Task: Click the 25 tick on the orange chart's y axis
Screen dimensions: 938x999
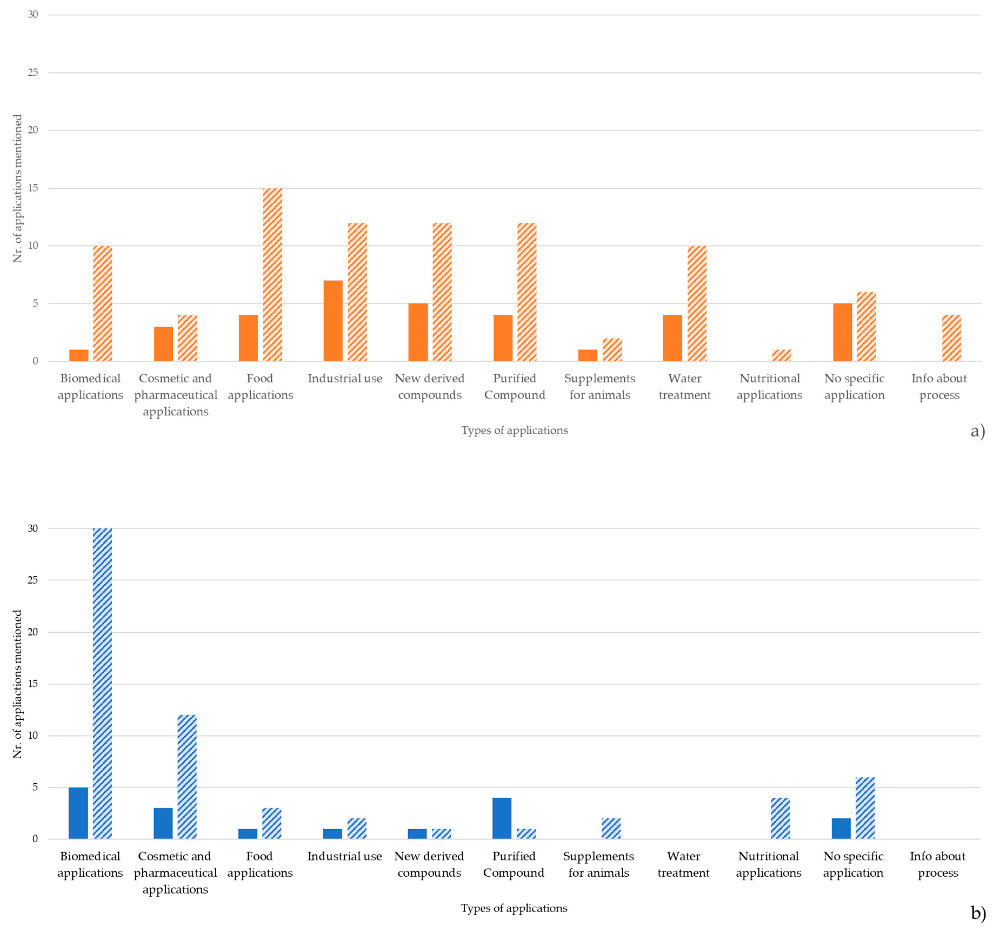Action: pos(33,72)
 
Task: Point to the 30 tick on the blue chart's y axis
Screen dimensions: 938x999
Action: pos(33,528)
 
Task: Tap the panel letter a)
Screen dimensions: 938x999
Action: pos(977,431)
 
